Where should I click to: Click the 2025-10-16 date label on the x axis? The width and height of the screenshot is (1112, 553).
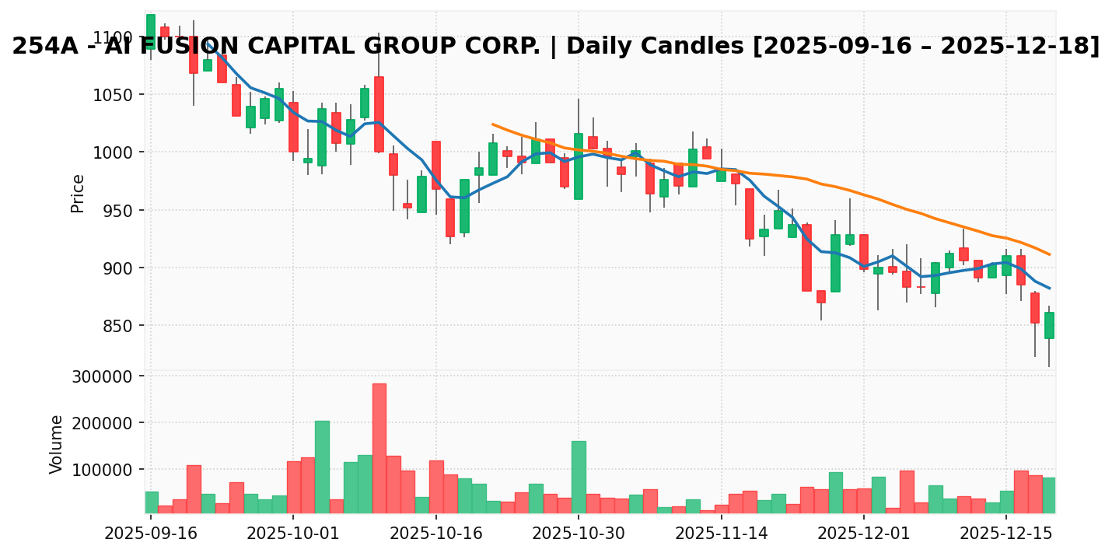pyautogui.click(x=435, y=534)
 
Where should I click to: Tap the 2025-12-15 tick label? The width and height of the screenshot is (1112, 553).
pyautogui.click(x=1006, y=534)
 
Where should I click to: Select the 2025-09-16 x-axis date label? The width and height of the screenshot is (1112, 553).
pyautogui.click(x=150, y=534)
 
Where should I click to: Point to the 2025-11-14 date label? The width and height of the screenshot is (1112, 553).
pyautogui.click(x=721, y=534)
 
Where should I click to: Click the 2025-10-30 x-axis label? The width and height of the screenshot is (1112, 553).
pyautogui.click(x=578, y=534)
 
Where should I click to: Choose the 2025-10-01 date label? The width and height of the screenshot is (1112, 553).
pyautogui.click(x=292, y=534)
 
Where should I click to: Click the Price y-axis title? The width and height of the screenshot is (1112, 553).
pyautogui.click(x=78, y=193)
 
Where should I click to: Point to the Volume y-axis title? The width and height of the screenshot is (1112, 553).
pyautogui.click(x=57, y=444)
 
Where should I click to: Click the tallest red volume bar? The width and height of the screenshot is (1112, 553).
pyautogui.click(x=379, y=448)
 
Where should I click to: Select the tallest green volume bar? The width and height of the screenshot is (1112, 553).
pyautogui.click(x=322, y=467)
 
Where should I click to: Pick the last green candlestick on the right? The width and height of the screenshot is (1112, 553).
pyautogui.click(x=1049, y=325)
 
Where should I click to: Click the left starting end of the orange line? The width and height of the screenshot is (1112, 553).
pyautogui.click(x=492, y=124)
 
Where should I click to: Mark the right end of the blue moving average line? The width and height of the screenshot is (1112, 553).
pyautogui.click(x=1050, y=289)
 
